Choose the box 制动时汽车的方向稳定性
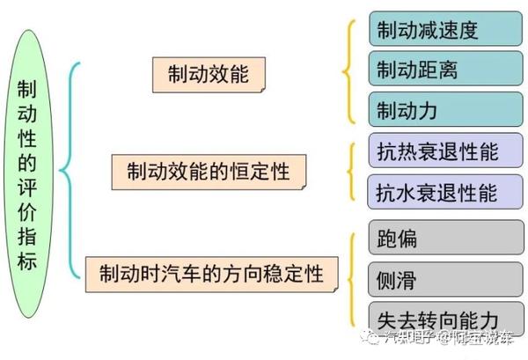[x=210, y=273]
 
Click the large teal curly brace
[x=70, y=167]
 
